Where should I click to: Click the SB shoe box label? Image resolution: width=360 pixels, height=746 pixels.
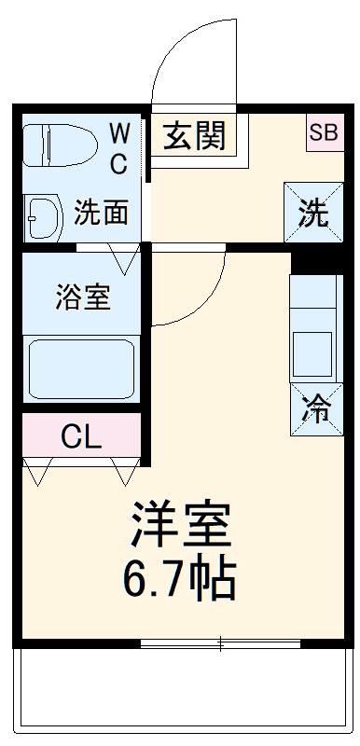(323, 131)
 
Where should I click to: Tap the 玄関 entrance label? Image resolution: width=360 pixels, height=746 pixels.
(195, 137)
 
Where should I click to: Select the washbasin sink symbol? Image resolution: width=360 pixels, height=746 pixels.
(43, 215)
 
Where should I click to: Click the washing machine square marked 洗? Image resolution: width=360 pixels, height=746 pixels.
(313, 214)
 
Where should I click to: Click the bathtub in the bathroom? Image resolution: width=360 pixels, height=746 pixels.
(81, 369)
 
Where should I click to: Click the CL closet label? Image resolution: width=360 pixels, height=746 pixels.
(82, 435)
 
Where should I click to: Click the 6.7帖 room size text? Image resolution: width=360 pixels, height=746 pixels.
(179, 579)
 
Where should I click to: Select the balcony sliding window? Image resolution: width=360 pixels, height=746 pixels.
(220, 643)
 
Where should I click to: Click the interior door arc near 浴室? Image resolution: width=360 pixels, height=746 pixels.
(191, 289)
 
